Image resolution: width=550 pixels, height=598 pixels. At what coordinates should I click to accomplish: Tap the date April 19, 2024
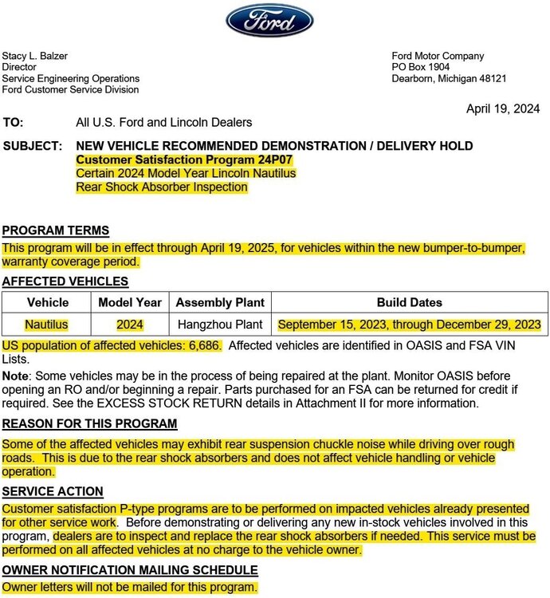point(503,108)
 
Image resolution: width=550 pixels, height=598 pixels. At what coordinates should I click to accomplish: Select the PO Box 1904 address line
point(420,67)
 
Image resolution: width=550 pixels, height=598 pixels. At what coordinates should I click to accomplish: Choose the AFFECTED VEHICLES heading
point(65,281)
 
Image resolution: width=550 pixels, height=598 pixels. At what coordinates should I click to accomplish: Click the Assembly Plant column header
point(220,303)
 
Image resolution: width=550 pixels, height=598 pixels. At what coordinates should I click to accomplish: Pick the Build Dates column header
point(410,303)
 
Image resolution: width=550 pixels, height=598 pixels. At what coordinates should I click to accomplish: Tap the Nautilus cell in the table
point(47,325)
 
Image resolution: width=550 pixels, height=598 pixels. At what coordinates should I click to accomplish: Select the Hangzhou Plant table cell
point(220,325)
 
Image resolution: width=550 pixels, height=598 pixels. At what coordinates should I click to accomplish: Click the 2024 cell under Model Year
point(130,325)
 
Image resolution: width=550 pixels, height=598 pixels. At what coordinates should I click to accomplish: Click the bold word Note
point(15,375)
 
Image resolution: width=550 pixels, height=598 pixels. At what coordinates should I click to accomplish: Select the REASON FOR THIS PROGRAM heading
point(89,423)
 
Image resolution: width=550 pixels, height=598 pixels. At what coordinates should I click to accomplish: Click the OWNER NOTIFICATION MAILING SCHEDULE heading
point(130,570)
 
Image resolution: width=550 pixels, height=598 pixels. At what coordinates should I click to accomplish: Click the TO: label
point(14,122)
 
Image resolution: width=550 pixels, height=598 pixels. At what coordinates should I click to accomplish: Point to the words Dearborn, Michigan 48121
point(449,78)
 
